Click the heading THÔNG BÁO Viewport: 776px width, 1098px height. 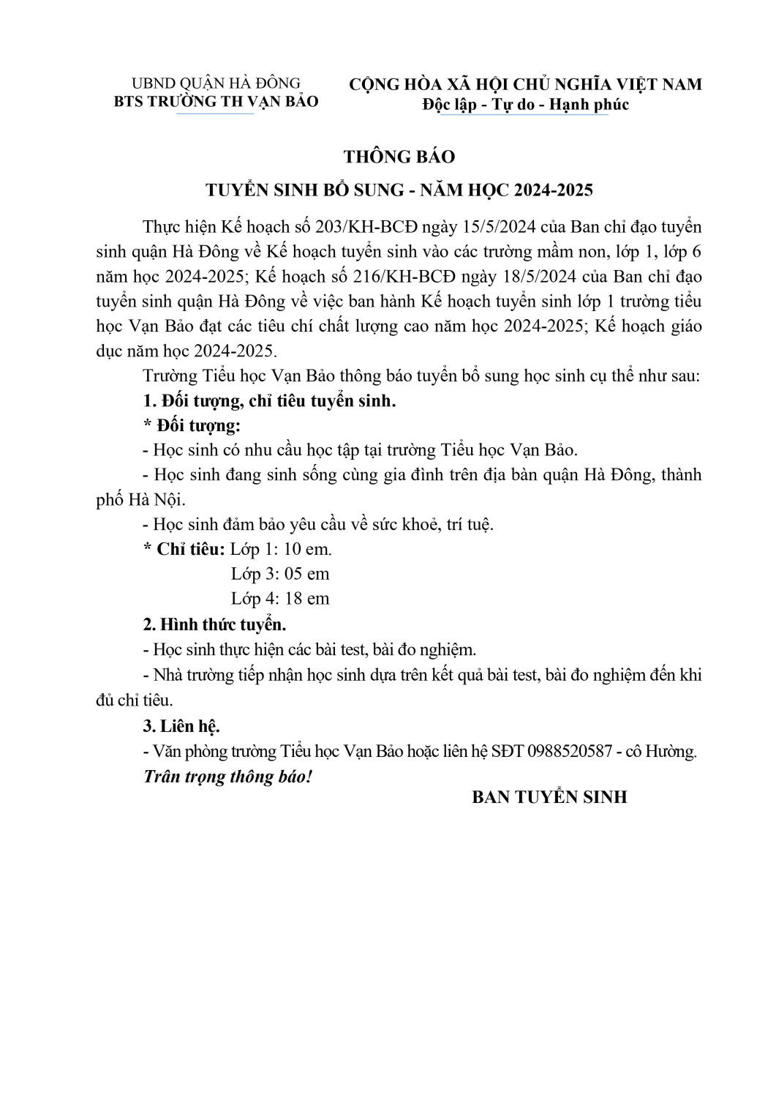(399, 157)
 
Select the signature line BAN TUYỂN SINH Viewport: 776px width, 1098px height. (549, 797)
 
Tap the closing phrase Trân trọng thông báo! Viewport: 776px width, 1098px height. (227, 776)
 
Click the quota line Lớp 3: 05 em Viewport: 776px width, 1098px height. (280, 573)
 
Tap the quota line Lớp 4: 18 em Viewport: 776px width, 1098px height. (280, 598)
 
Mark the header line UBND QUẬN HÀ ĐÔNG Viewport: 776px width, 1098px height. (216, 83)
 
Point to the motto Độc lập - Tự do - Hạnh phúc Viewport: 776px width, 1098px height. (525, 104)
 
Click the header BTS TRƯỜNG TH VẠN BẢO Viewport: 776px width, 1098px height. (216, 102)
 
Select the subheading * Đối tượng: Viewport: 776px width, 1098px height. (192, 425)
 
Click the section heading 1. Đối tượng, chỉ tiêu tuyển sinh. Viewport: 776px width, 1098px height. (269, 400)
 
